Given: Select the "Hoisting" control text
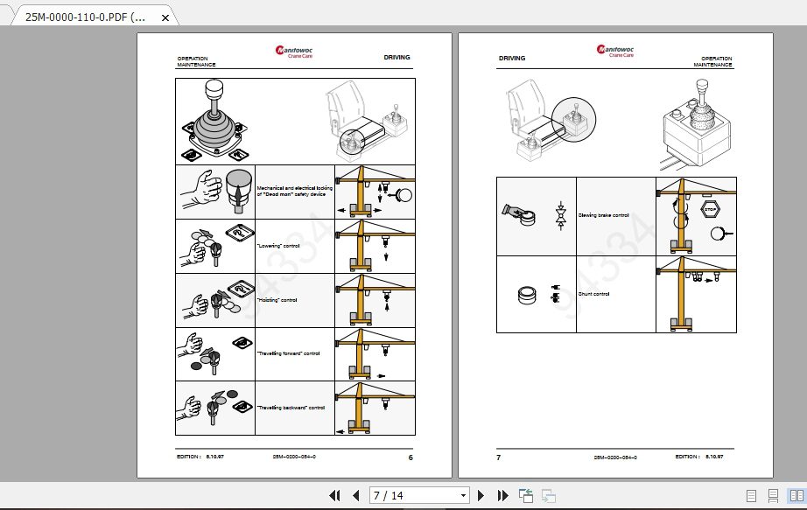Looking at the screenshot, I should [x=277, y=300].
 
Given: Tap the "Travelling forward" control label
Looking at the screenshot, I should [x=288, y=353].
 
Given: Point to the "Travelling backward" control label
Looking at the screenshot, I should [x=291, y=408].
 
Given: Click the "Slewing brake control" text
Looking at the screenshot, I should [x=603, y=215].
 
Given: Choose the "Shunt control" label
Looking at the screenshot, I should [x=593, y=294].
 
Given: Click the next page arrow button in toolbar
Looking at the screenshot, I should [x=481, y=495].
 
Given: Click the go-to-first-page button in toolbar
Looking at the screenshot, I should [x=334, y=495].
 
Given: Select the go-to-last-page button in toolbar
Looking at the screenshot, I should [x=502, y=495].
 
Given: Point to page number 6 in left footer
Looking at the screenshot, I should [x=411, y=457].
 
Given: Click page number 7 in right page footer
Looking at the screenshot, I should [x=499, y=457].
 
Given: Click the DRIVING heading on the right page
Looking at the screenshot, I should [x=512, y=59].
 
